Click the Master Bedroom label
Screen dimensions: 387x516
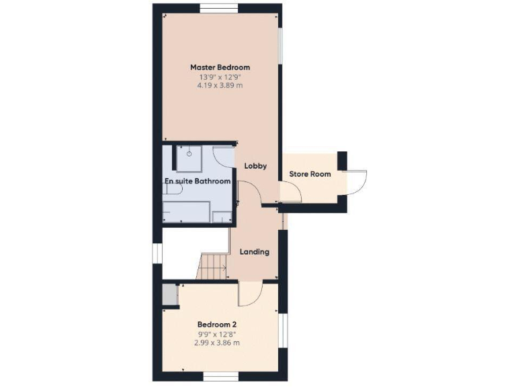click(220, 67)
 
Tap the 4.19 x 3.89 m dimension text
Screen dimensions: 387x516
click(220, 86)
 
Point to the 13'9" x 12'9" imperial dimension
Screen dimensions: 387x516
click(220, 77)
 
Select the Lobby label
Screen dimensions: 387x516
click(255, 166)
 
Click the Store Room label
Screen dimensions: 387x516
click(310, 174)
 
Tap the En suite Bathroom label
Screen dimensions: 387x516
click(198, 181)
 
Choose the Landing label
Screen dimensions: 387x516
click(255, 252)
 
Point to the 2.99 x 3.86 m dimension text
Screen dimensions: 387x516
click(218, 343)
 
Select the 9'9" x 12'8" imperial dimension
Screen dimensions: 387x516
click(218, 333)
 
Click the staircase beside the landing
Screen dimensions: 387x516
click(213, 267)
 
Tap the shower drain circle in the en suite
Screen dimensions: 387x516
click(190, 154)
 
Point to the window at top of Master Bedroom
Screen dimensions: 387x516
click(219, 7)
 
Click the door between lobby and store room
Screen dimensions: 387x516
click(290, 194)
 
